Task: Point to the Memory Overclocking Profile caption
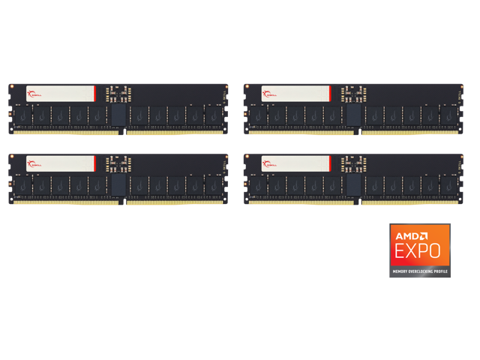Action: point(420,269)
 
